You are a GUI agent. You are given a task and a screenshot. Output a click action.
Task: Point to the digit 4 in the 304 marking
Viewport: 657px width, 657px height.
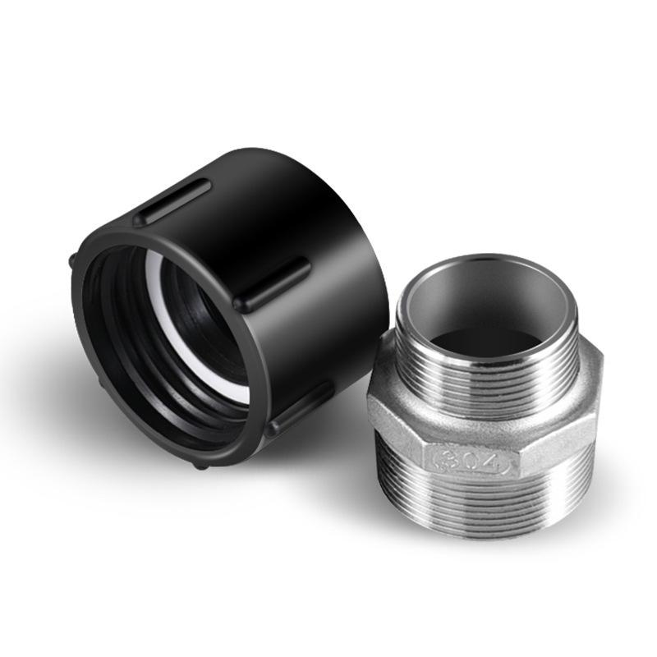pos(491,465)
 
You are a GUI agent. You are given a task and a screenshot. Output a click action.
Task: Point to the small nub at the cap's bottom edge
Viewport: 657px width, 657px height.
pos(200,464)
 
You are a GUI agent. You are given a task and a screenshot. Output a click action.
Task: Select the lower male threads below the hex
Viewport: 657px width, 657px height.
pos(485,509)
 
